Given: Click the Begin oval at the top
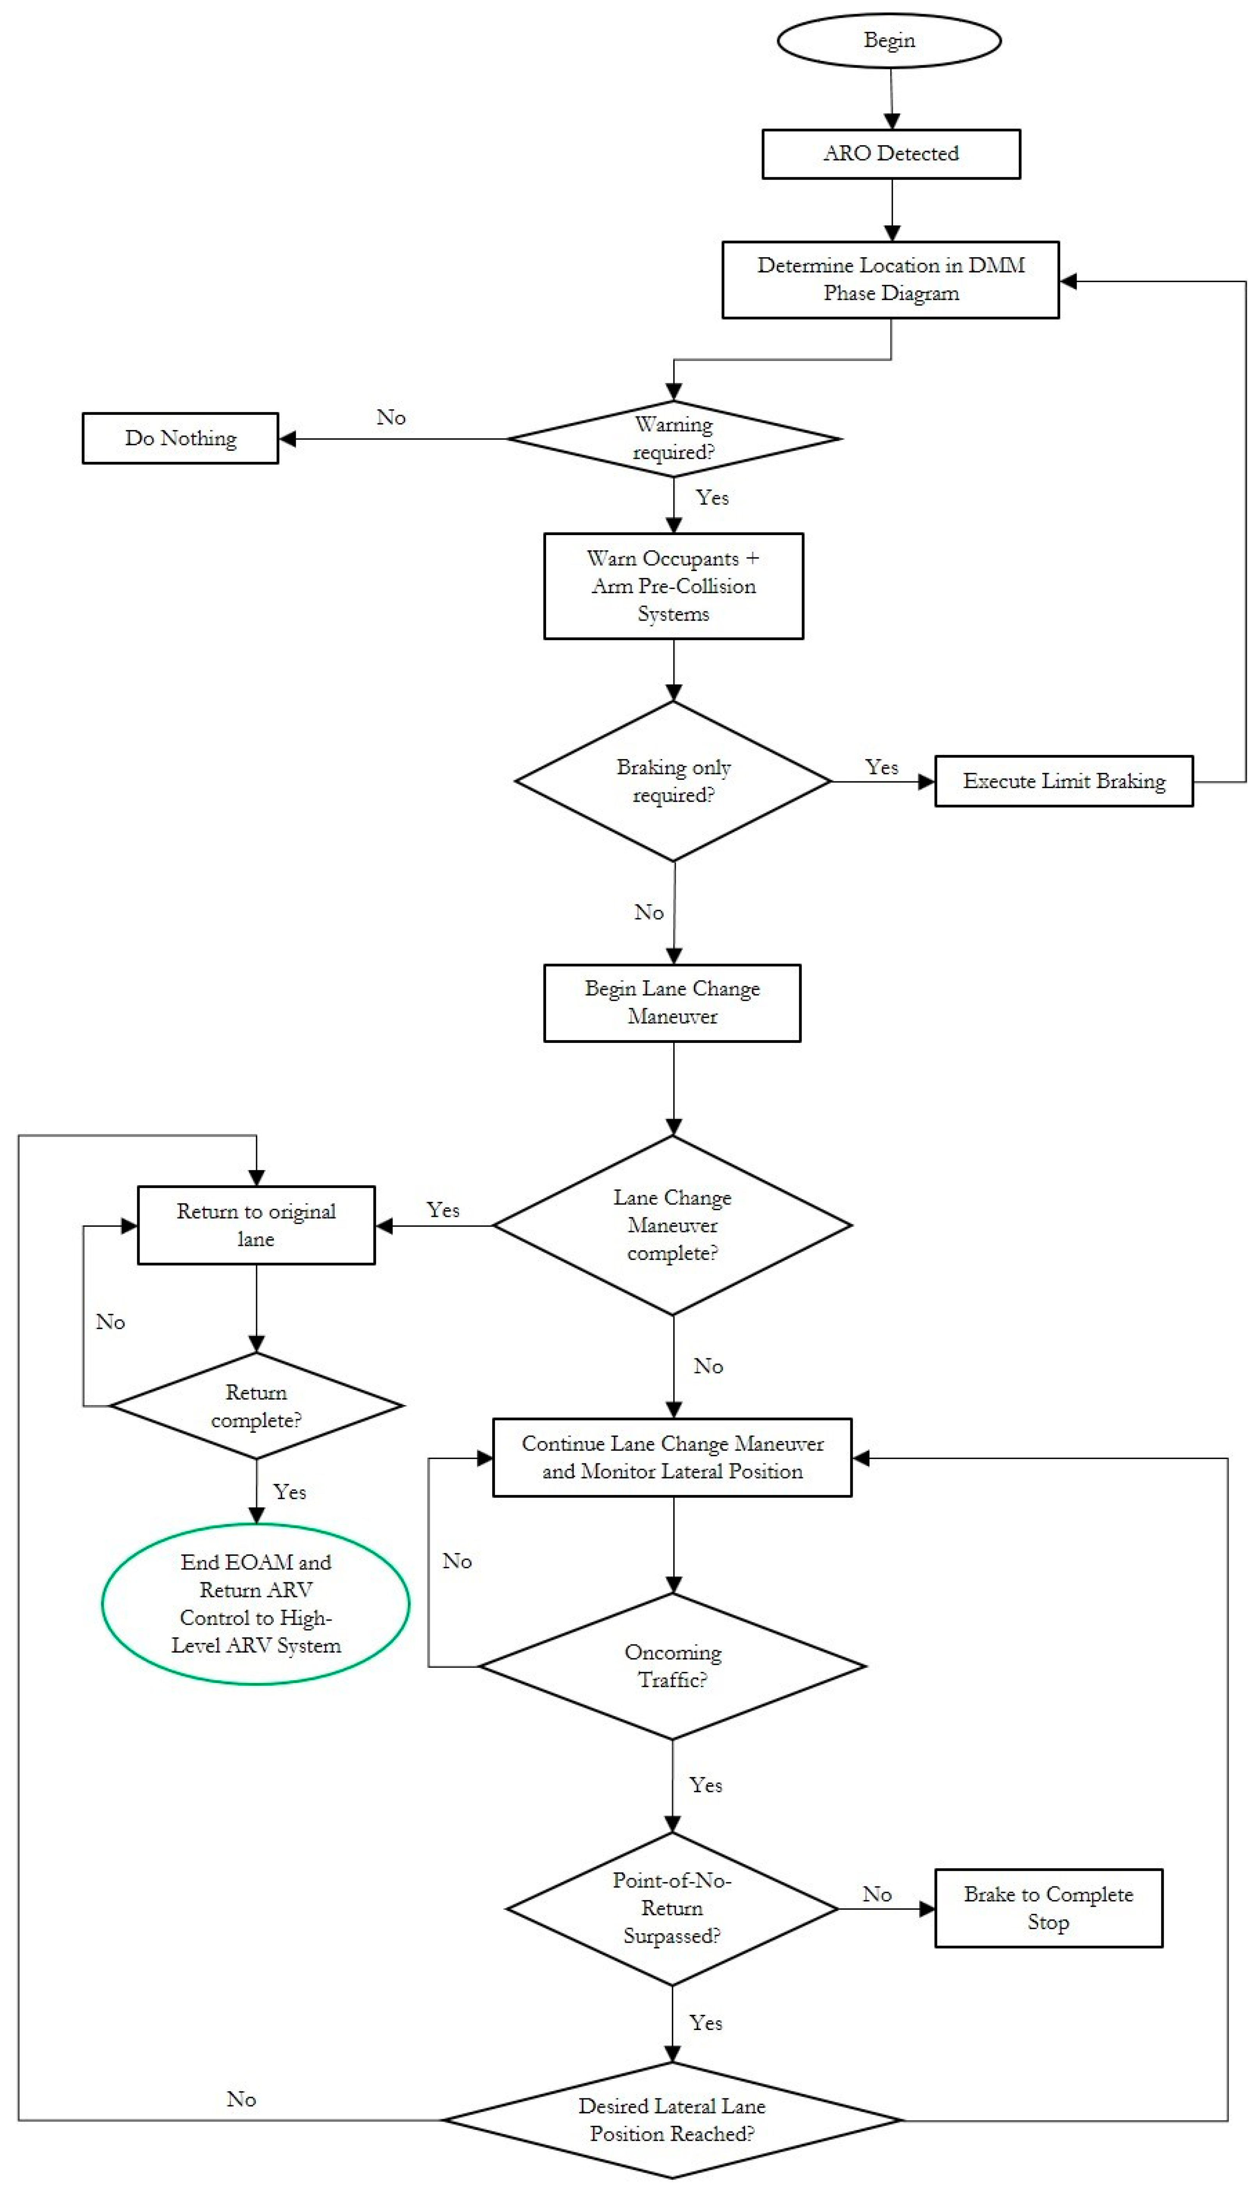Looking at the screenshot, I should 889,41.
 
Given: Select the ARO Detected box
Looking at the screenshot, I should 891,154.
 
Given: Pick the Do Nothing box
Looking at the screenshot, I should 181,438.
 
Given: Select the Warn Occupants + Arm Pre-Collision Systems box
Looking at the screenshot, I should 673,586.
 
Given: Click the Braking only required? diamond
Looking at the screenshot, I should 673,781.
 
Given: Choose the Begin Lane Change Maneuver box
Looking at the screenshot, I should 672,1003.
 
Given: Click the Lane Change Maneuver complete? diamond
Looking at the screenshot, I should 672,1225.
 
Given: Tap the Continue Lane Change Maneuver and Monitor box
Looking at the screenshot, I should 672,1457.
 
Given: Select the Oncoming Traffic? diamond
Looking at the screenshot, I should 672,1665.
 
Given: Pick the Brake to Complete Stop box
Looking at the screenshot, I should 1048,1907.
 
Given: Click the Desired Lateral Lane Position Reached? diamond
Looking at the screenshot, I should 672,2119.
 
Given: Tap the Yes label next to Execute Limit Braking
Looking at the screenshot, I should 881,767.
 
